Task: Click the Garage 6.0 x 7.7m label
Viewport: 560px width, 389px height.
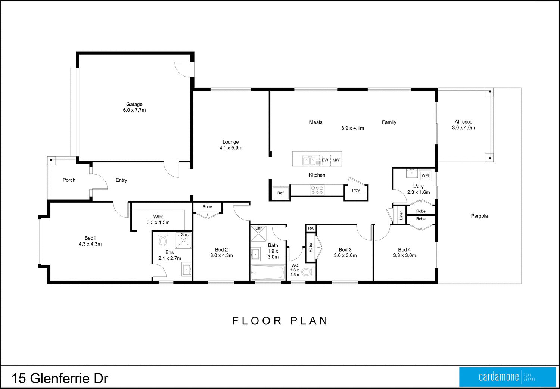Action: point(134,107)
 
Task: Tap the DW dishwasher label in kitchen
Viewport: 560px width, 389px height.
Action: point(325,160)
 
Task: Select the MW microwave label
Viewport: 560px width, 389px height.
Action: point(336,160)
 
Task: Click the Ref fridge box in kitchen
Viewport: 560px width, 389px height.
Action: point(280,193)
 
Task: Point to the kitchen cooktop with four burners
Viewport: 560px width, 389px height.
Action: point(317,190)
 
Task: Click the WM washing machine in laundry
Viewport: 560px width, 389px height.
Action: point(425,175)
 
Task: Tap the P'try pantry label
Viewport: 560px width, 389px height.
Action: point(356,190)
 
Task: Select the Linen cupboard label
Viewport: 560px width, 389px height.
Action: point(401,215)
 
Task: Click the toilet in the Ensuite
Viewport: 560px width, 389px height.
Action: point(162,240)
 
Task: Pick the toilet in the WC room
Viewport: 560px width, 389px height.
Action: point(307,272)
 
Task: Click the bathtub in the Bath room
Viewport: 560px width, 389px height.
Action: point(267,273)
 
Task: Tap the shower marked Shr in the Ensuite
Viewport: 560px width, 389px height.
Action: point(183,240)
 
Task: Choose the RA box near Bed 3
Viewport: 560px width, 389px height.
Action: point(311,228)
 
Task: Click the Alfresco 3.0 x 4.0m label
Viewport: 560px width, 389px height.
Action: point(463,125)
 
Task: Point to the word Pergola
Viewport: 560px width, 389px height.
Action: point(479,216)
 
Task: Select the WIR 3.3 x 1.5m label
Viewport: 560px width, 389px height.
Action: point(158,220)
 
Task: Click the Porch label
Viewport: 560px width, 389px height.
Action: point(69,180)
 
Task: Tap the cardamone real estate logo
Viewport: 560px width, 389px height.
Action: point(507,377)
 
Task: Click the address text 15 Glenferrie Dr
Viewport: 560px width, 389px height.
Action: point(60,378)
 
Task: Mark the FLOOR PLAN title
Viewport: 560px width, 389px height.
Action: point(280,321)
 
